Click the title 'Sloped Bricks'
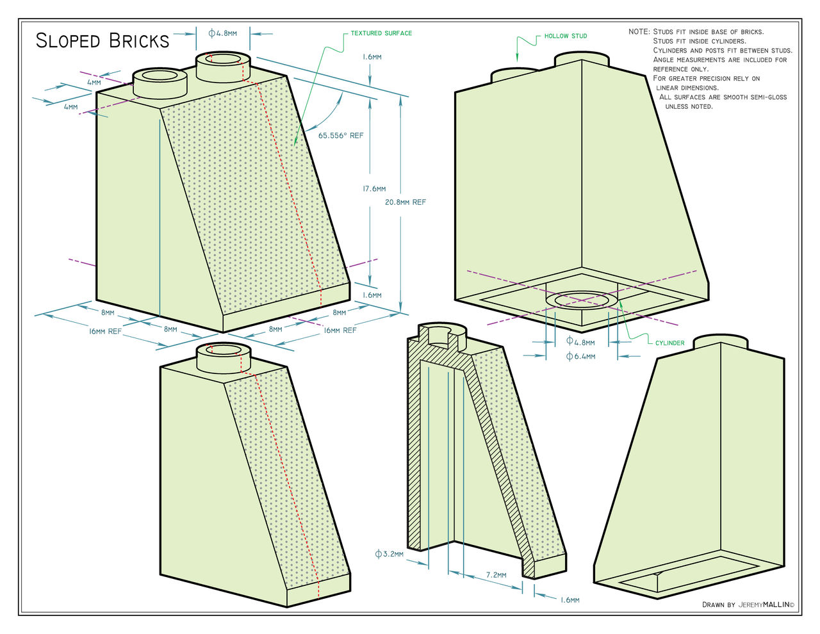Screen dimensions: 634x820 point(102,40)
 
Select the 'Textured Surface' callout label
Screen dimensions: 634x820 point(381,33)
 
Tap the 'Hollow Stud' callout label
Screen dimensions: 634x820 point(565,37)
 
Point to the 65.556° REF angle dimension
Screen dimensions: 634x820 point(340,136)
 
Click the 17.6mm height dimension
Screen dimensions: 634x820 point(374,189)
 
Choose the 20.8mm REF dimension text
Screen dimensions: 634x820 point(405,202)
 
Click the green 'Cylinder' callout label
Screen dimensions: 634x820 point(669,343)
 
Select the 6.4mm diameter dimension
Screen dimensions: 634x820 point(581,357)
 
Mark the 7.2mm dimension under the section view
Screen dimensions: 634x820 point(496,575)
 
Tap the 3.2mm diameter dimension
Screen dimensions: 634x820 point(389,554)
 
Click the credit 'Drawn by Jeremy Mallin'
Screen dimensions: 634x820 point(748,605)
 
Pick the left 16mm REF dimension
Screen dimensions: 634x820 point(105,332)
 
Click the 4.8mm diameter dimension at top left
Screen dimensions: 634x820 point(223,33)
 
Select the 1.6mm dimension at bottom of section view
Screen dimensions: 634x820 point(570,600)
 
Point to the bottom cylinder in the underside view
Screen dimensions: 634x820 point(582,300)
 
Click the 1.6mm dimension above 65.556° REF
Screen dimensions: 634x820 point(372,57)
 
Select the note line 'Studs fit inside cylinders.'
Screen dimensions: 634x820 point(699,41)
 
